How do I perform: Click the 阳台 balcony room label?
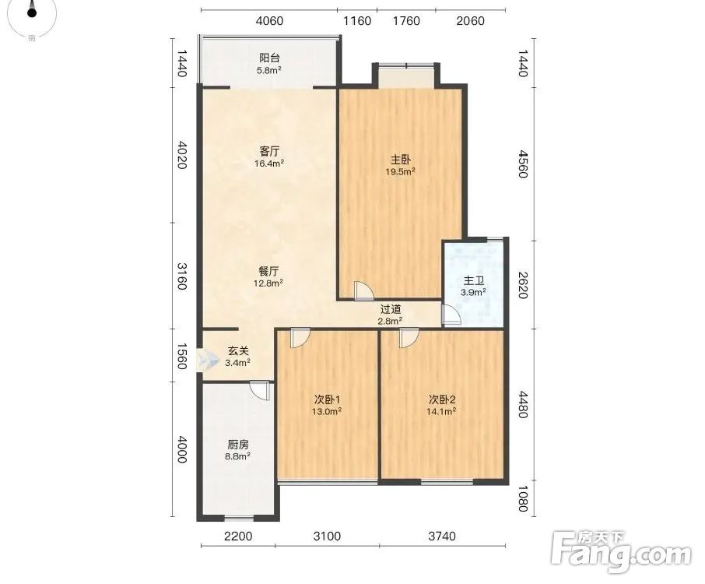[x=269, y=58]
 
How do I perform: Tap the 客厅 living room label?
[x=269, y=151]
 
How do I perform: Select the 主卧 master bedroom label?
[x=400, y=160]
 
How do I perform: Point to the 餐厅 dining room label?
[x=268, y=271]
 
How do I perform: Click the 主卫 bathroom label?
[x=473, y=281]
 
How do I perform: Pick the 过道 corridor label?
[x=391, y=309]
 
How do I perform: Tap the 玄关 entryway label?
[x=238, y=351]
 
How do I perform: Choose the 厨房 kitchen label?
[x=238, y=445]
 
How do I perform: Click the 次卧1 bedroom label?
[x=327, y=399]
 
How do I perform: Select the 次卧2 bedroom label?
[x=442, y=399]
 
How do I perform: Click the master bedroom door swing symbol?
[x=363, y=290]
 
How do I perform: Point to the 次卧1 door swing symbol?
[x=300, y=338]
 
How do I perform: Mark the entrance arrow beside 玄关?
[x=207, y=360]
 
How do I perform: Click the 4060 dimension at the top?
[x=269, y=21]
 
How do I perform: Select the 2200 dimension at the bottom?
[x=238, y=536]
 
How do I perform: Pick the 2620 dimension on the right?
[x=522, y=285]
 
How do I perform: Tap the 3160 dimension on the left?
[x=181, y=276]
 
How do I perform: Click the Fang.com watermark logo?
[x=621, y=553]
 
